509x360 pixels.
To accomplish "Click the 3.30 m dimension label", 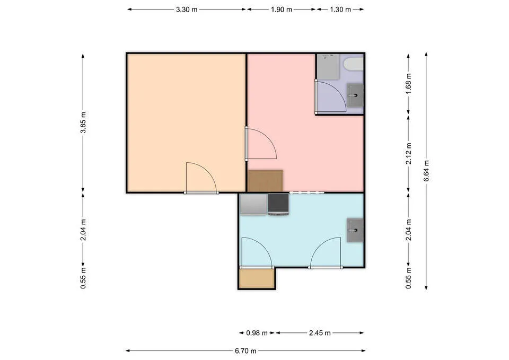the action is tap(187, 10).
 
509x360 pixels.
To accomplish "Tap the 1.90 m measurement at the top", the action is tap(282, 10).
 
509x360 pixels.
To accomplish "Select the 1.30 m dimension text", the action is tap(340, 10).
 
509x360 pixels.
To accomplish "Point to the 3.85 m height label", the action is tap(83, 122).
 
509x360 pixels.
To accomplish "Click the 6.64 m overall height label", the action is tap(426, 171).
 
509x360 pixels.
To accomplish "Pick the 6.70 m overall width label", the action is tap(245, 351).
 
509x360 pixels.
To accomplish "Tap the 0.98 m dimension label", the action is tap(257, 333).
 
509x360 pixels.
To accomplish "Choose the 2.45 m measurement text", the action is tap(320, 333).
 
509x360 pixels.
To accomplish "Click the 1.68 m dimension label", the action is tap(409, 84).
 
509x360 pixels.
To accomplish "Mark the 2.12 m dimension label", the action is tap(409, 153).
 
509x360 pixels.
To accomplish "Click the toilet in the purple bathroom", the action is tap(354, 64).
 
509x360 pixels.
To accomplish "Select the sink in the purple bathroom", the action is tap(355, 95).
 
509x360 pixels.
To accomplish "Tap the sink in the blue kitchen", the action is tap(355, 231).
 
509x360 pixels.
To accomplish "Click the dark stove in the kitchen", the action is tap(278, 205).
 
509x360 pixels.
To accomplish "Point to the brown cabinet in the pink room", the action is tap(265, 181).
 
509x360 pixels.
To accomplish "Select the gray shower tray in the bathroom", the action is tap(328, 67).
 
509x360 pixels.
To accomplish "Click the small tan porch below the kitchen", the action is tap(257, 278).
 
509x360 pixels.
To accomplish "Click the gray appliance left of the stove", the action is tap(253, 204).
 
